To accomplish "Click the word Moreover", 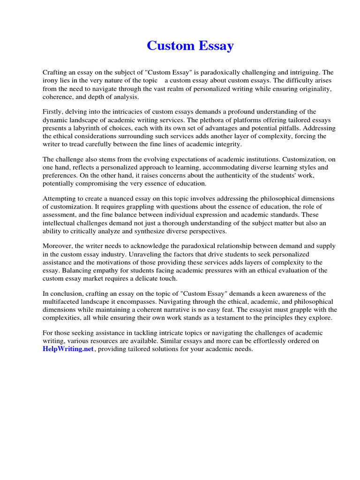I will [58, 246].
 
